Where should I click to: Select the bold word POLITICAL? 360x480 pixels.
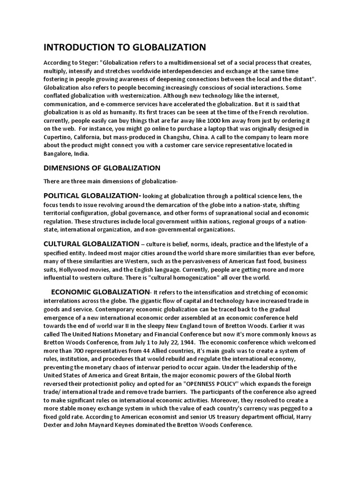point(63,196)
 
